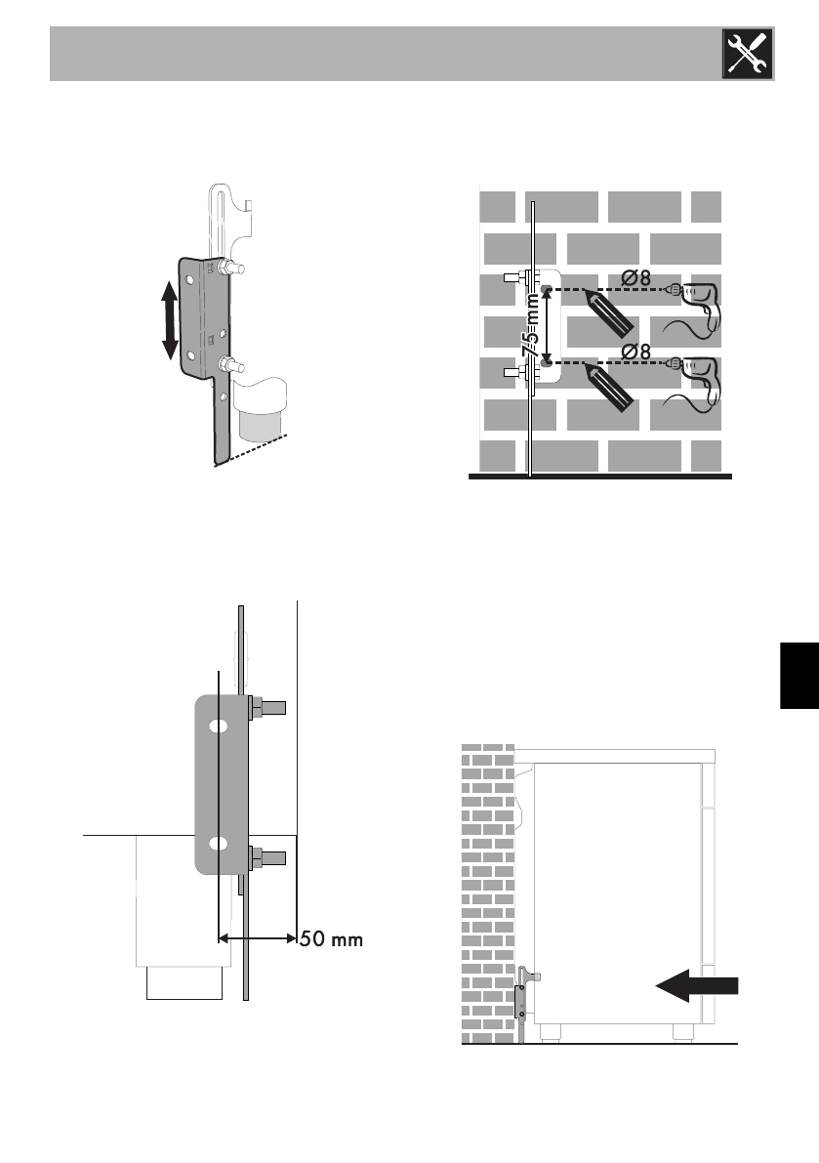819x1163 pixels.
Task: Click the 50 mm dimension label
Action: (x=333, y=940)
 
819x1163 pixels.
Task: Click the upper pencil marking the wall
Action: (x=611, y=313)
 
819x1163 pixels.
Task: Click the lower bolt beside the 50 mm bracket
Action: (x=267, y=858)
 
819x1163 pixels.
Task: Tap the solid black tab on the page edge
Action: (x=799, y=676)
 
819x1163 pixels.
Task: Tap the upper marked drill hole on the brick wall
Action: (x=547, y=290)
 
